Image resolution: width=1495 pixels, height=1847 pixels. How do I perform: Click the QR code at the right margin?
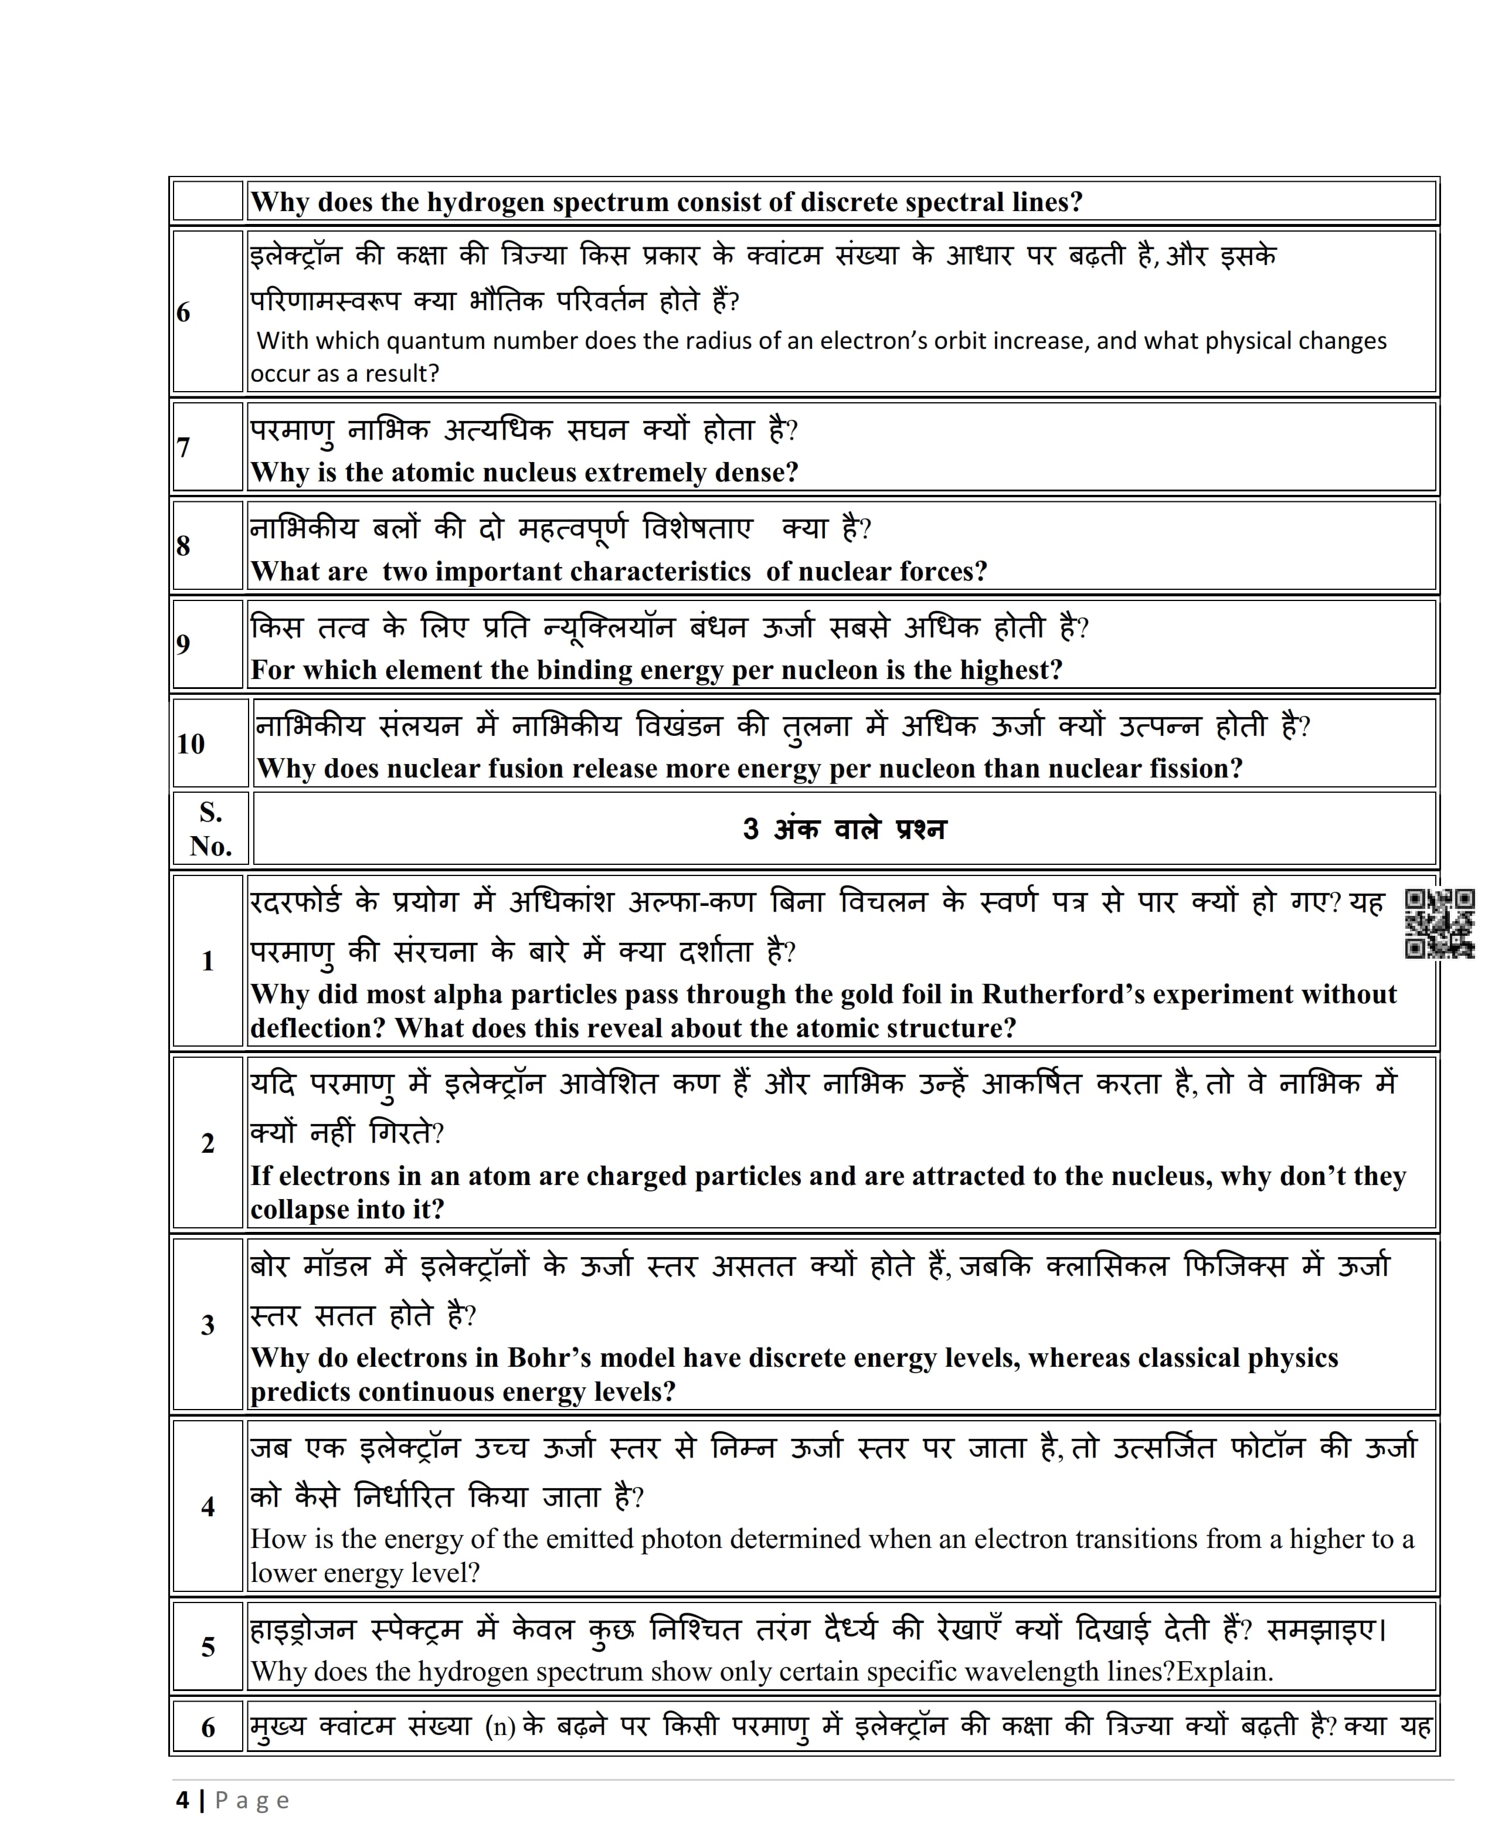pos(1439,924)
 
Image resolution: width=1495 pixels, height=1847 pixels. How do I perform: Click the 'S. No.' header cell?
pos(211,829)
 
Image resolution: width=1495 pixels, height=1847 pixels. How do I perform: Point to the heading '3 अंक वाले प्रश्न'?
pos(844,829)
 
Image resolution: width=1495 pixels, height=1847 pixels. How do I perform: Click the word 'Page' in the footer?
pos(252,1801)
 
